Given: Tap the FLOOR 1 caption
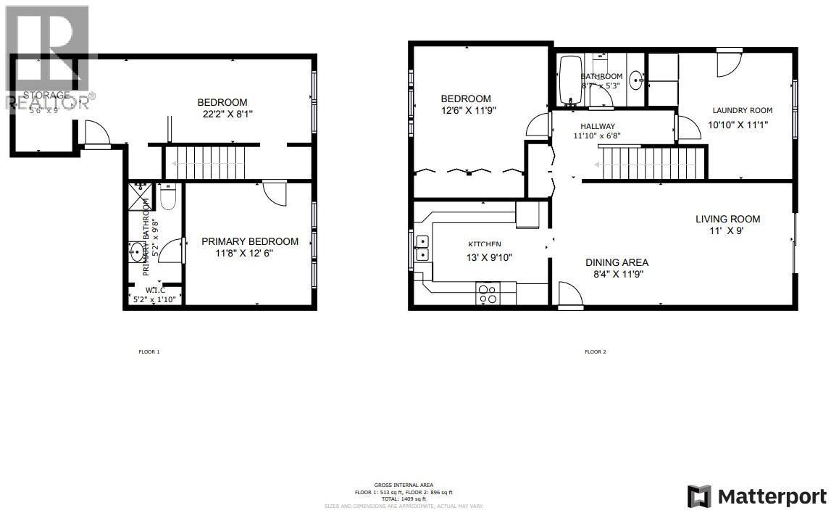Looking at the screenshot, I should (149, 352).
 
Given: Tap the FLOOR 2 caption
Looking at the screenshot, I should (595, 352).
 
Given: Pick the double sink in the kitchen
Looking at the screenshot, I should (422, 247).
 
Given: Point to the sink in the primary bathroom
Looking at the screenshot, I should (136, 252).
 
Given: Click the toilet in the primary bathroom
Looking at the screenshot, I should (167, 198).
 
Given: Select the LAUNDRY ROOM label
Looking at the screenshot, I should (742, 111).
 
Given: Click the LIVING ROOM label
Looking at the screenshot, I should (727, 220).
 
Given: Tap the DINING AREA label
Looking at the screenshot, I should (617, 263).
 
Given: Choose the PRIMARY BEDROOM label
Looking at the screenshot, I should (250, 242).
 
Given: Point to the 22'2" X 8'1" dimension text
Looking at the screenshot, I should (227, 114).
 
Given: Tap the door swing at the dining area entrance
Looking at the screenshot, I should (569, 295).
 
